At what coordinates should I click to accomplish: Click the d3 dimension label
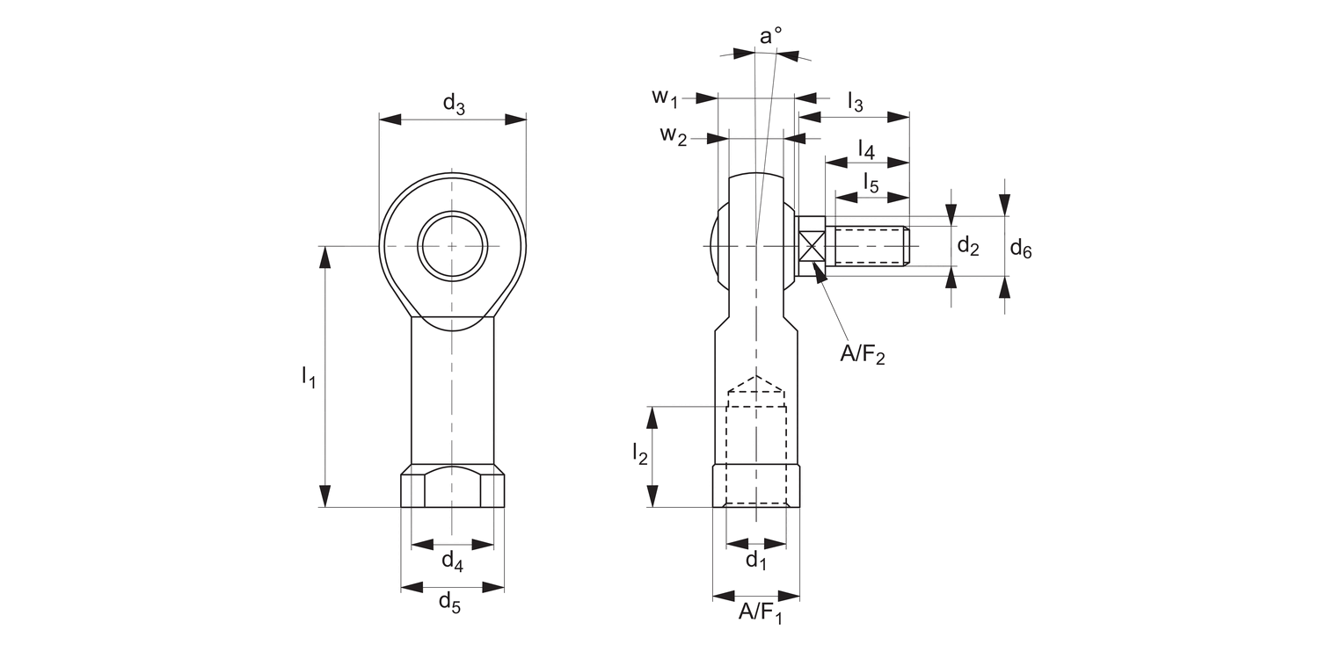[454, 105]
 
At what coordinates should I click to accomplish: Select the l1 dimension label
[310, 377]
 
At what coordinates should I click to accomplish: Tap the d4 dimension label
[452, 561]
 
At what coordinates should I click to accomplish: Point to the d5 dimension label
[450, 603]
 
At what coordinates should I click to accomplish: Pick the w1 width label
[665, 98]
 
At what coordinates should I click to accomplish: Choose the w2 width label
[673, 135]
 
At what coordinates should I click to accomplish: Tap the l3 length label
[855, 103]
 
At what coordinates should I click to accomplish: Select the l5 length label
[871, 183]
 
